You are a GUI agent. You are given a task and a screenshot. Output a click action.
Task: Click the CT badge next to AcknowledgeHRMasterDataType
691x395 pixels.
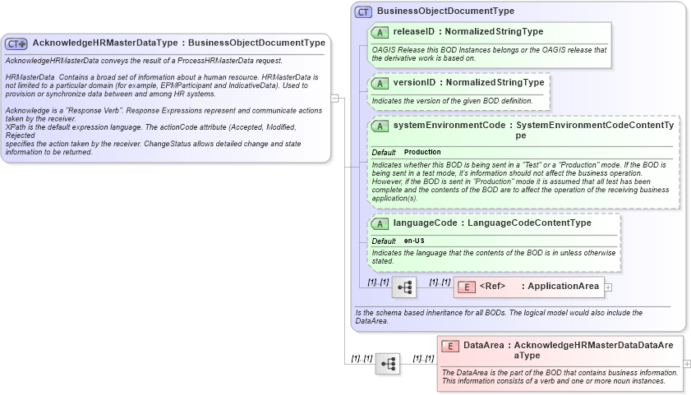pyautogui.click(x=17, y=44)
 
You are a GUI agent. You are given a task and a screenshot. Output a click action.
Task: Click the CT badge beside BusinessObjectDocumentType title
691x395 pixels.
pyautogui.click(x=363, y=11)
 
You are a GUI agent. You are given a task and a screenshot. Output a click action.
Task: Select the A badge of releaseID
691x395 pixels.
pyautogui.click(x=380, y=32)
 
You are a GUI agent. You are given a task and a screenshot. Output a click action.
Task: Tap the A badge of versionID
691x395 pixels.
pyautogui.click(x=380, y=84)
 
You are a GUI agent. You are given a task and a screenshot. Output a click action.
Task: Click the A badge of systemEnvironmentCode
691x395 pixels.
pyautogui.click(x=380, y=126)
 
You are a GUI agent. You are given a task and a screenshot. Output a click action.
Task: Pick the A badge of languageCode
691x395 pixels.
pyautogui.click(x=380, y=223)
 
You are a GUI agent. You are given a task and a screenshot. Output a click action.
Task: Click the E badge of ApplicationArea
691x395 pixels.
pyautogui.click(x=465, y=287)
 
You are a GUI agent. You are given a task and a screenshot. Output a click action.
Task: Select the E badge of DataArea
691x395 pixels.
pyautogui.click(x=449, y=347)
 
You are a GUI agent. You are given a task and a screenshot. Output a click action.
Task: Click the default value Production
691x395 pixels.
pyautogui.click(x=422, y=153)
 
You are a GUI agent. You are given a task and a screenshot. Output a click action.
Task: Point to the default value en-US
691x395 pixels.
pyautogui.click(x=414, y=241)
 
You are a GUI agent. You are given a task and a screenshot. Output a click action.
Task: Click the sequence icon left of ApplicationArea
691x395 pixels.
pyautogui.click(x=404, y=287)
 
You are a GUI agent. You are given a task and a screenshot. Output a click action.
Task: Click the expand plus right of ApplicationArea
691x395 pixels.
pyautogui.click(x=608, y=287)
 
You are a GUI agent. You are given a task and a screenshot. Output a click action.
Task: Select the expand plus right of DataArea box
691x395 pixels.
pyautogui.click(x=687, y=363)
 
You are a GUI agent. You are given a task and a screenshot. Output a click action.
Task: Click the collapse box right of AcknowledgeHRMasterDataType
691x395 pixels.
pyautogui.click(x=334, y=98)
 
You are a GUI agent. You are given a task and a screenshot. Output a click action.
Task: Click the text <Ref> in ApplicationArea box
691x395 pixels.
pyautogui.click(x=492, y=287)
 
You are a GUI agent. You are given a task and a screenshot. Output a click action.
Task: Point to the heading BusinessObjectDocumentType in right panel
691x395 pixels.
pyautogui.click(x=445, y=11)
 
